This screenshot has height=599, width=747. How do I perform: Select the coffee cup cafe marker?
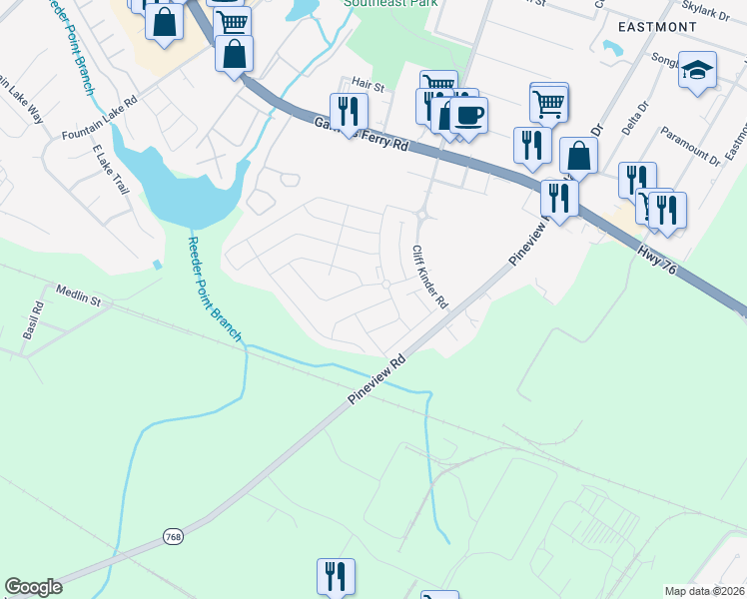pyautogui.click(x=467, y=115)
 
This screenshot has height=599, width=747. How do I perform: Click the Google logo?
pyautogui.click(x=33, y=587)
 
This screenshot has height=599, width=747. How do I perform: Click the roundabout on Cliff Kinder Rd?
pyautogui.click(x=422, y=213)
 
